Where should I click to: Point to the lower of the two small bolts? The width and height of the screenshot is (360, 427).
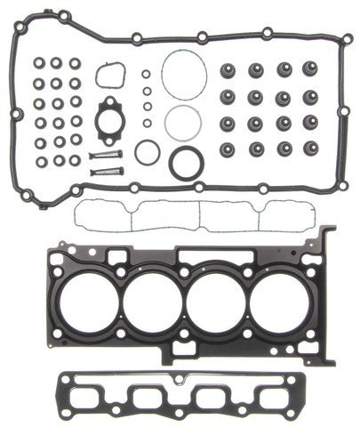(x=103, y=168)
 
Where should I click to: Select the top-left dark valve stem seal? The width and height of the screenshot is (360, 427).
(x=228, y=68)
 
